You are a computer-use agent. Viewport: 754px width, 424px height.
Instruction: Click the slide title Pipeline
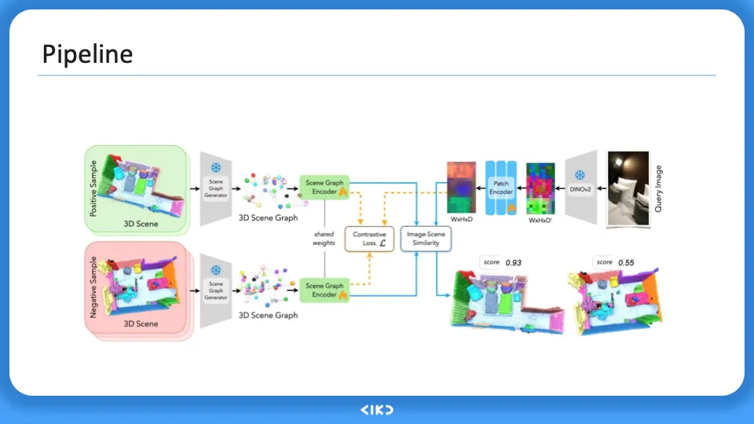pyautogui.click(x=87, y=54)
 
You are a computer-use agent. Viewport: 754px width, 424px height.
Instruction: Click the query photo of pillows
pyautogui.click(x=628, y=189)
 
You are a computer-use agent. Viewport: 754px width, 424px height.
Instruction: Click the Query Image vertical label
pyautogui.click(x=659, y=189)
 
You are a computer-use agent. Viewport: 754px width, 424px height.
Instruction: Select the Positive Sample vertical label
pyautogui.click(x=93, y=188)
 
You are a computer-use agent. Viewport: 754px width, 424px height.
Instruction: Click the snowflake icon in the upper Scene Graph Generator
pyautogui.click(x=215, y=169)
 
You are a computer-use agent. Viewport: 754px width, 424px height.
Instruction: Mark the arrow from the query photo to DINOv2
pyautogui.click(x=598, y=189)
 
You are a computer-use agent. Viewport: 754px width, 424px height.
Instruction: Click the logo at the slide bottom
pyautogui.click(x=376, y=410)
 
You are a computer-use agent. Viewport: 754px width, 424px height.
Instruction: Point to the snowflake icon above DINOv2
pyautogui.click(x=580, y=175)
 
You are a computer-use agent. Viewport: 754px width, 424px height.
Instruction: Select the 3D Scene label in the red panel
pyautogui.click(x=141, y=323)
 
